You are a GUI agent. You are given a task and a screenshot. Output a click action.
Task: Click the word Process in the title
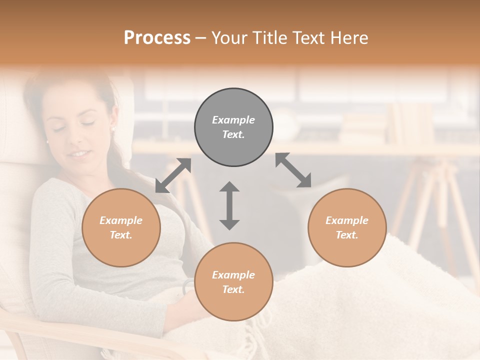157,38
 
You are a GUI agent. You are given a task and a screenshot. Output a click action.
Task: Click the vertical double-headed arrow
229,205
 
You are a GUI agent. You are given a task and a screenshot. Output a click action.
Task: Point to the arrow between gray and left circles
173,175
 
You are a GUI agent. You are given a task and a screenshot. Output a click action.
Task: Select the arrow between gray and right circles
293,170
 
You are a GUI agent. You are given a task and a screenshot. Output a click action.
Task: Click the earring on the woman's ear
112,128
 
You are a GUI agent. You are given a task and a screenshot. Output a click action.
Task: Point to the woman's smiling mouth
78,154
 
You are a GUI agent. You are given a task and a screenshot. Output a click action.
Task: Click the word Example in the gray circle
233,120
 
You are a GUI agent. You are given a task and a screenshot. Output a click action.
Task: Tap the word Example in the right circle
347,220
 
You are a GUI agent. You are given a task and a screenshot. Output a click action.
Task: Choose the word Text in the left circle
120,235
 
